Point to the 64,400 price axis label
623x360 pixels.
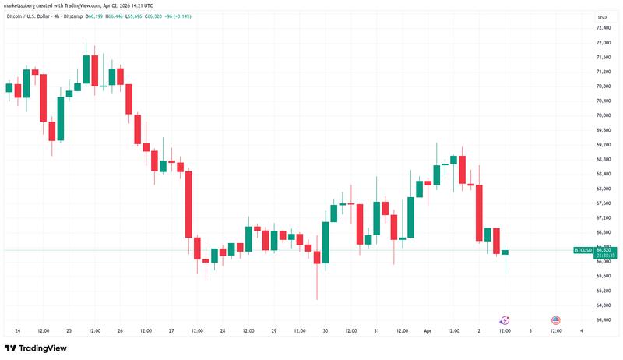[603, 319]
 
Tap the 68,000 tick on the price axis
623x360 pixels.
[603, 189]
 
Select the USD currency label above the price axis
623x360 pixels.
[602, 17]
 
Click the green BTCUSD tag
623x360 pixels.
[583, 250]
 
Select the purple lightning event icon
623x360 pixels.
[504, 320]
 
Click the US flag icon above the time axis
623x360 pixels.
[556, 320]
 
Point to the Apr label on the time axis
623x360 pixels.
[427, 330]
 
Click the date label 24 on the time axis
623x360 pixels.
[17, 330]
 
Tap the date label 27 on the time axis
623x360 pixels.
[171, 330]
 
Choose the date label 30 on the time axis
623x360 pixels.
[325, 330]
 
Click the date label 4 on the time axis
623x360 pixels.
[582, 330]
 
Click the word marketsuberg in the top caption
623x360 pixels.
[24, 6]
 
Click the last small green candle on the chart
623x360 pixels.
[505, 252]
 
